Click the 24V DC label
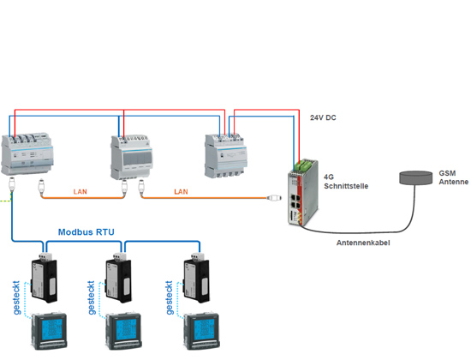click(323, 117)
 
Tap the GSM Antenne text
click(453, 177)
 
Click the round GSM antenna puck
click(415, 177)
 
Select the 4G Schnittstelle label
click(346, 182)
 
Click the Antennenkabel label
click(363, 243)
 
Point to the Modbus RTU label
click(86, 232)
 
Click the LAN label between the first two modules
click(80, 192)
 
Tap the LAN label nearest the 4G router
click(181, 192)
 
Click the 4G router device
click(303, 193)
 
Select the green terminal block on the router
click(304, 165)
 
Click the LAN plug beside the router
click(274, 198)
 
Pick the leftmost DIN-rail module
click(27, 153)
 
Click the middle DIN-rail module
click(132, 158)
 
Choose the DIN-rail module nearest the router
click(226, 156)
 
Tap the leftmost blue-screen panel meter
click(50, 331)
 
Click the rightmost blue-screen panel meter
click(201, 331)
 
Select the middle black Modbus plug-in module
click(118, 278)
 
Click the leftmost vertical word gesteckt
click(16, 297)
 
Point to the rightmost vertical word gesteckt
click(170, 297)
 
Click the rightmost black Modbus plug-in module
click(196, 278)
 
